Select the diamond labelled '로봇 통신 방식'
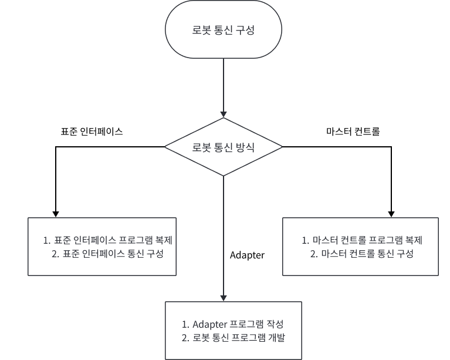point(224,147)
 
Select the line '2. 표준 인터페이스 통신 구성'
point(107,254)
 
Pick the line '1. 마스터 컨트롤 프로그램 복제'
point(362,240)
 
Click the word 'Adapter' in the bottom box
point(208,324)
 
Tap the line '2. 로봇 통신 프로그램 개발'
point(233,338)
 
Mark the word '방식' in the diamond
point(245,147)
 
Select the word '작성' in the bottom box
point(275,324)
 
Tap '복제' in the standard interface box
point(168,240)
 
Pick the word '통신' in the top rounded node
point(224,31)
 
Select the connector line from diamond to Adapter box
point(224,235)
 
